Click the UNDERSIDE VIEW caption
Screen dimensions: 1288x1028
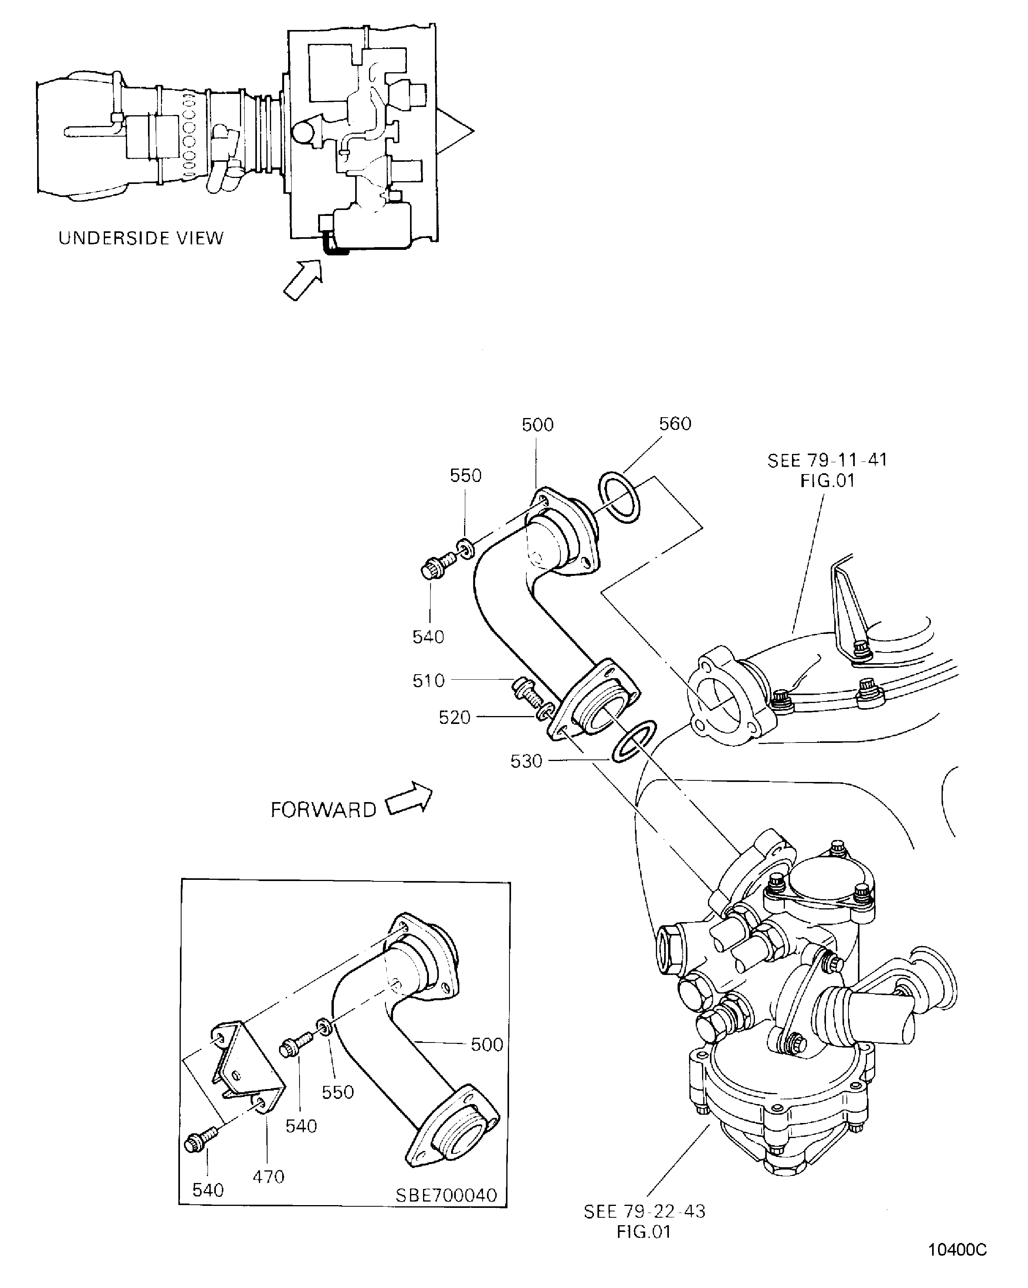tap(141, 238)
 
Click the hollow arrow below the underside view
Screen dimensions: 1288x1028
tap(303, 279)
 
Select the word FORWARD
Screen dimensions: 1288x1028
tap(323, 810)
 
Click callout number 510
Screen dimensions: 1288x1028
tap(428, 681)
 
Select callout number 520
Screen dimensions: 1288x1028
tap(455, 718)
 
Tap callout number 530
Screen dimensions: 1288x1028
tap(526, 761)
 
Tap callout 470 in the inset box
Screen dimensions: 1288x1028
tap(268, 1177)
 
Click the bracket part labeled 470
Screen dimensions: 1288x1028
tap(245, 1069)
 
